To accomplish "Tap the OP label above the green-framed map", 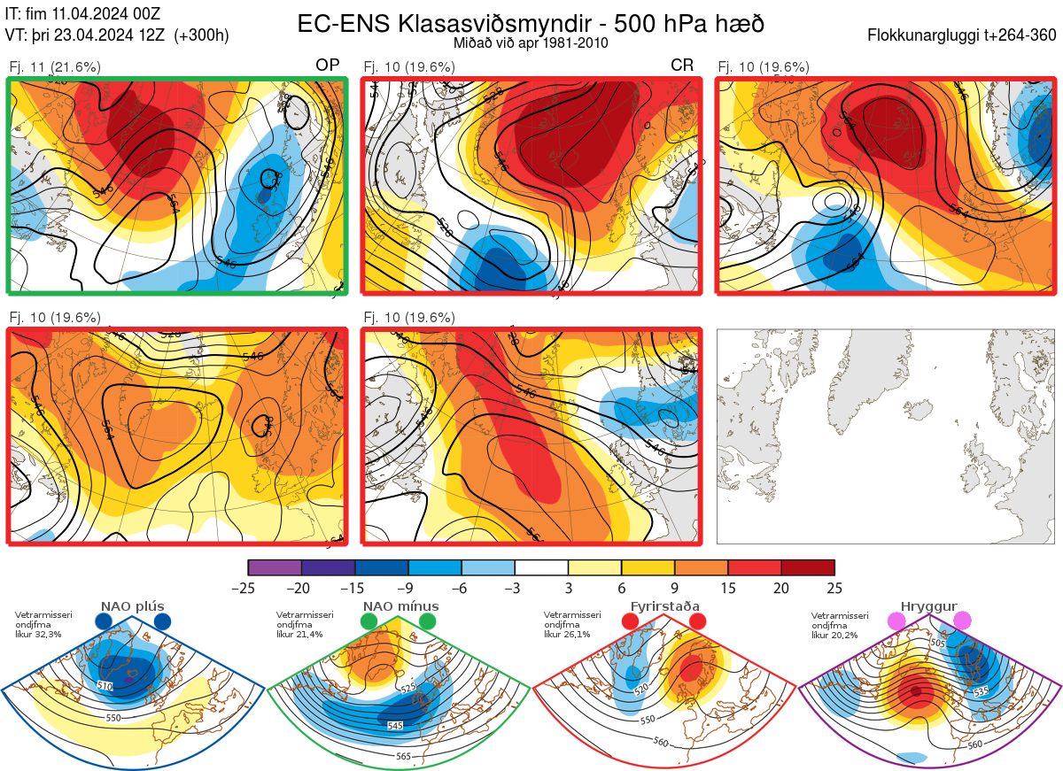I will [327, 66].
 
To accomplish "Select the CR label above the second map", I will [682, 66].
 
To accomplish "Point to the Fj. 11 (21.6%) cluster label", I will [55, 66].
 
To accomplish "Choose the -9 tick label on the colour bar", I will [407, 588].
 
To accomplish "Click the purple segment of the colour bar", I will [275, 567].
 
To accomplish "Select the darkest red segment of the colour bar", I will [808, 567].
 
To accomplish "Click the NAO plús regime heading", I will [132, 605].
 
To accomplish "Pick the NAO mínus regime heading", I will [400, 605].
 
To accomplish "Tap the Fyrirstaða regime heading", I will [665, 605].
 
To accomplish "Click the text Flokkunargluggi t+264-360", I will [965, 36].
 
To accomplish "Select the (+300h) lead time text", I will [202, 36].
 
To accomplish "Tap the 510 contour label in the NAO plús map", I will [105, 686].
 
